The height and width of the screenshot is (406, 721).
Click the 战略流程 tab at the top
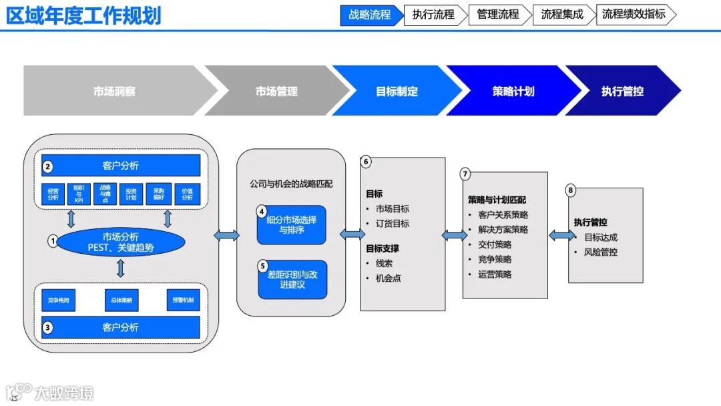pos(370,15)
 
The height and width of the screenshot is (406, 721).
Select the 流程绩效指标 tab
pos(634,15)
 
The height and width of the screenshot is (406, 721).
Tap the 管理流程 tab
pos(498,15)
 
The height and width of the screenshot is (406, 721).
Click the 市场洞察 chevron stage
pos(114,91)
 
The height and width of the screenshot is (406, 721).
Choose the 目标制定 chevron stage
pos(397,91)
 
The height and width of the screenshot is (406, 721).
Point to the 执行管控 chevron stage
pos(622,91)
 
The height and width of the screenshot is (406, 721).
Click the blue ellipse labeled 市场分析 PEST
pos(120,242)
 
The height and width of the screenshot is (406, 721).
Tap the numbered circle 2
pos(47,166)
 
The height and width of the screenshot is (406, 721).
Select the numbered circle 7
pos(465,174)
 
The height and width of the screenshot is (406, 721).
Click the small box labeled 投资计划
pos(131,193)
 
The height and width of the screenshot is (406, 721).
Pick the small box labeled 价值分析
pos(188,193)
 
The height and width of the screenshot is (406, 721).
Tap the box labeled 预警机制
pos(183,300)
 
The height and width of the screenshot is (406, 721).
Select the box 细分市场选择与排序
pos(292,225)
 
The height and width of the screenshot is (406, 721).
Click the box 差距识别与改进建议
pos(292,279)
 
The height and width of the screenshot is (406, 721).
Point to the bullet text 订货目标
pos(392,224)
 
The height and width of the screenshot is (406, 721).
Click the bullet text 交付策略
pos(495,244)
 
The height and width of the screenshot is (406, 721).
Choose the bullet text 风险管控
pos(600,252)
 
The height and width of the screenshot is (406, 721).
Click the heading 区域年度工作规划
pos(84,15)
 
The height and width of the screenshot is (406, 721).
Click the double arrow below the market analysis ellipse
pos(120,268)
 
